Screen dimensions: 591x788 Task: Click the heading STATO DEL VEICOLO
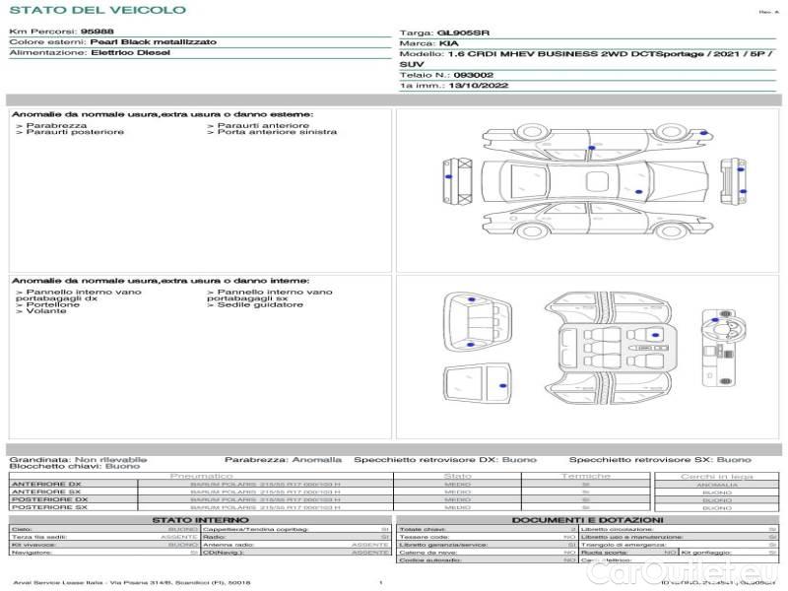click(97, 10)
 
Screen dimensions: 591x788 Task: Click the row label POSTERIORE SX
click(49, 507)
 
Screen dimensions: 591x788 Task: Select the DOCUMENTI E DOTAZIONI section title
click(587, 519)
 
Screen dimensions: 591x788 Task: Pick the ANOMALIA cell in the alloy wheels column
click(716, 485)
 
